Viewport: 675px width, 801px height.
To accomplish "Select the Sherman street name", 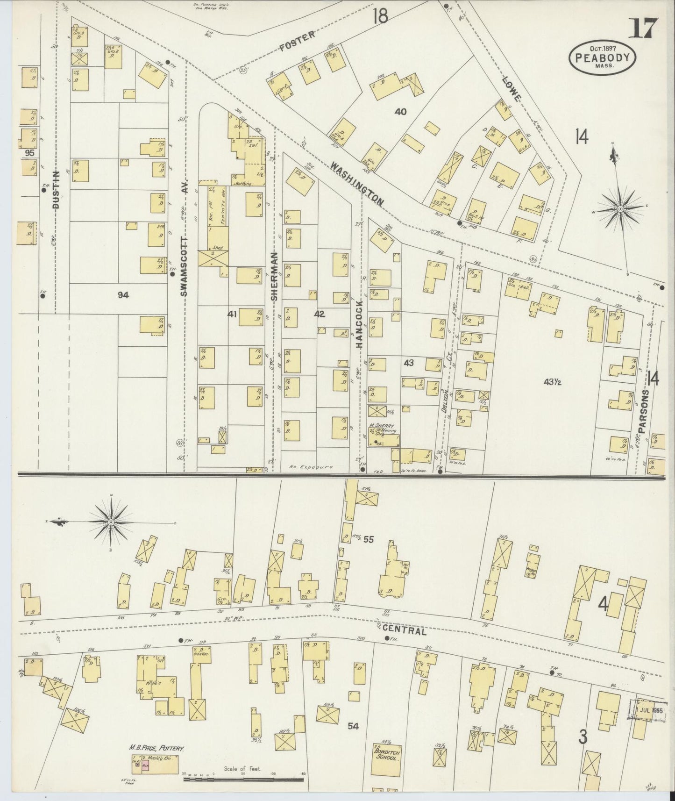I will point(274,276).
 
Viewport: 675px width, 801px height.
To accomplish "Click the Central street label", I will point(404,631).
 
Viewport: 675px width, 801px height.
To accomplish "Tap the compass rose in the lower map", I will point(111,522).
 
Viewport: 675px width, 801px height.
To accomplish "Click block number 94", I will point(123,294).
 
